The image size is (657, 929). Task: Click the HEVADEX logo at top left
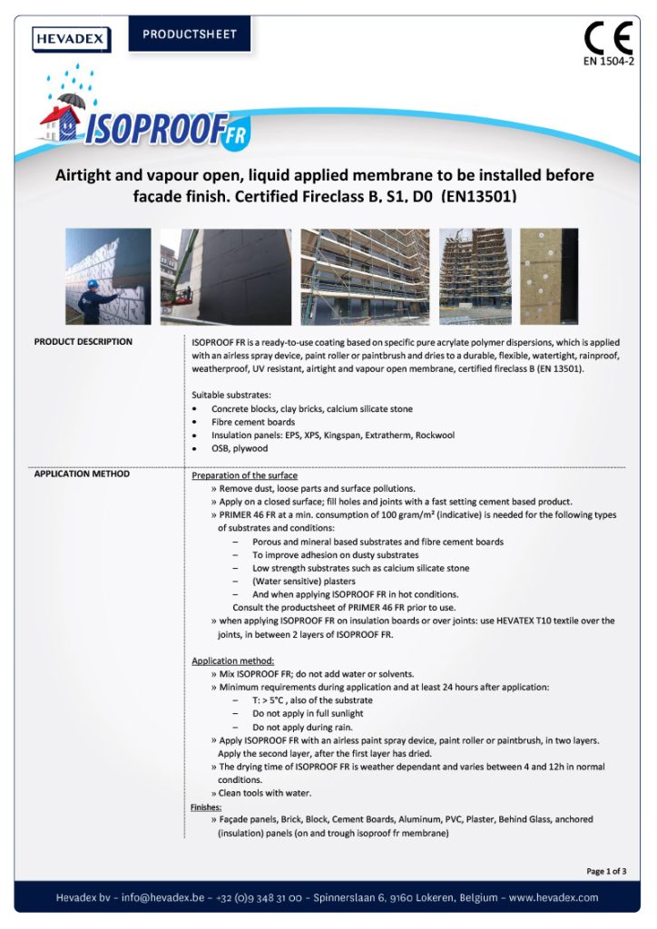72,39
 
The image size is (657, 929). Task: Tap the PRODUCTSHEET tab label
189,34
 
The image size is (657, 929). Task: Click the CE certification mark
607,38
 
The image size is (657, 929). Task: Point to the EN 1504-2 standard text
608,63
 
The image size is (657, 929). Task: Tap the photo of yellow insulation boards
549,276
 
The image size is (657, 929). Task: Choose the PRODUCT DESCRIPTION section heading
83,342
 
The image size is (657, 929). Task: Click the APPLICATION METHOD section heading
82,474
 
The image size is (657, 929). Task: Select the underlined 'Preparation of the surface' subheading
244,475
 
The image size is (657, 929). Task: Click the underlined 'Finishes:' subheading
206,807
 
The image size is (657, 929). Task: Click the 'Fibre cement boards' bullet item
253,422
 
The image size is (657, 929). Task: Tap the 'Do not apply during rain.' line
302,728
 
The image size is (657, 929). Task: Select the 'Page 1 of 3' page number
605,871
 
